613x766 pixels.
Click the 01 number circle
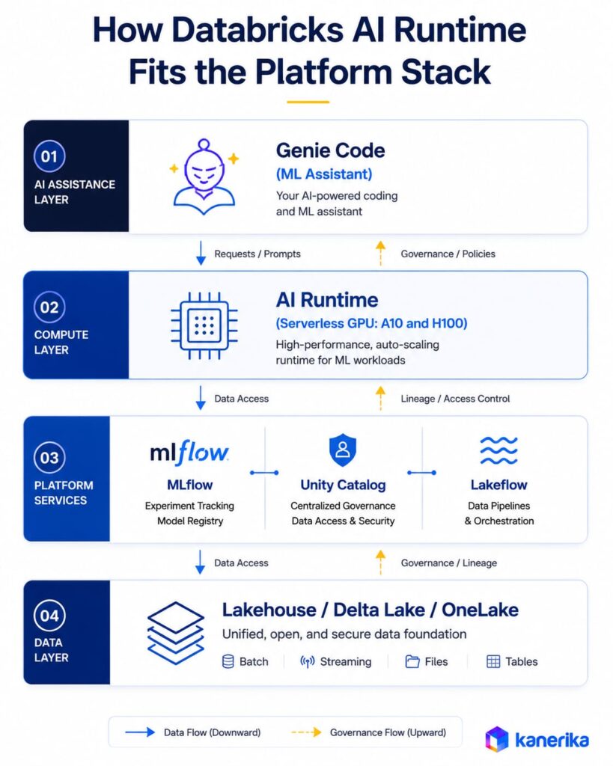[x=49, y=156]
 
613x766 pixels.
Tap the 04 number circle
[x=49, y=616]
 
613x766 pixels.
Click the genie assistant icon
[x=204, y=177]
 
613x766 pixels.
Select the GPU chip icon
[x=204, y=325]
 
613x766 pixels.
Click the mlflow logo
[x=189, y=453]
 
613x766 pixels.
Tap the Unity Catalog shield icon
[x=343, y=450]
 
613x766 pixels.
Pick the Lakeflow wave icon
[x=498, y=450]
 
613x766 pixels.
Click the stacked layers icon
[x=176, y=633]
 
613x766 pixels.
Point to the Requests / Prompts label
[x=257, y=254]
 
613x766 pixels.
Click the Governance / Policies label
[x=448, y=254]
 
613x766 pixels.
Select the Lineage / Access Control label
[x=455, y=399]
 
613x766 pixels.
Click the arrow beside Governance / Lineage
[x=380, y=562]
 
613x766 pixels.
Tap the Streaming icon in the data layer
[x=307, y=661]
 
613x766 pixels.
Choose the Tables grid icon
[x=493, y=661]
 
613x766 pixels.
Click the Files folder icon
[x=412, y=661]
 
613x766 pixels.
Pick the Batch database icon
[x=228, y=661]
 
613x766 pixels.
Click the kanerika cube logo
[x=497, y=739]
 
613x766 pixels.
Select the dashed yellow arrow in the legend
[x=307, y=732]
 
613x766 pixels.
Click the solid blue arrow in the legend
[x=140, y=732]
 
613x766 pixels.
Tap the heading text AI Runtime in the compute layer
[x=327, y=299]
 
